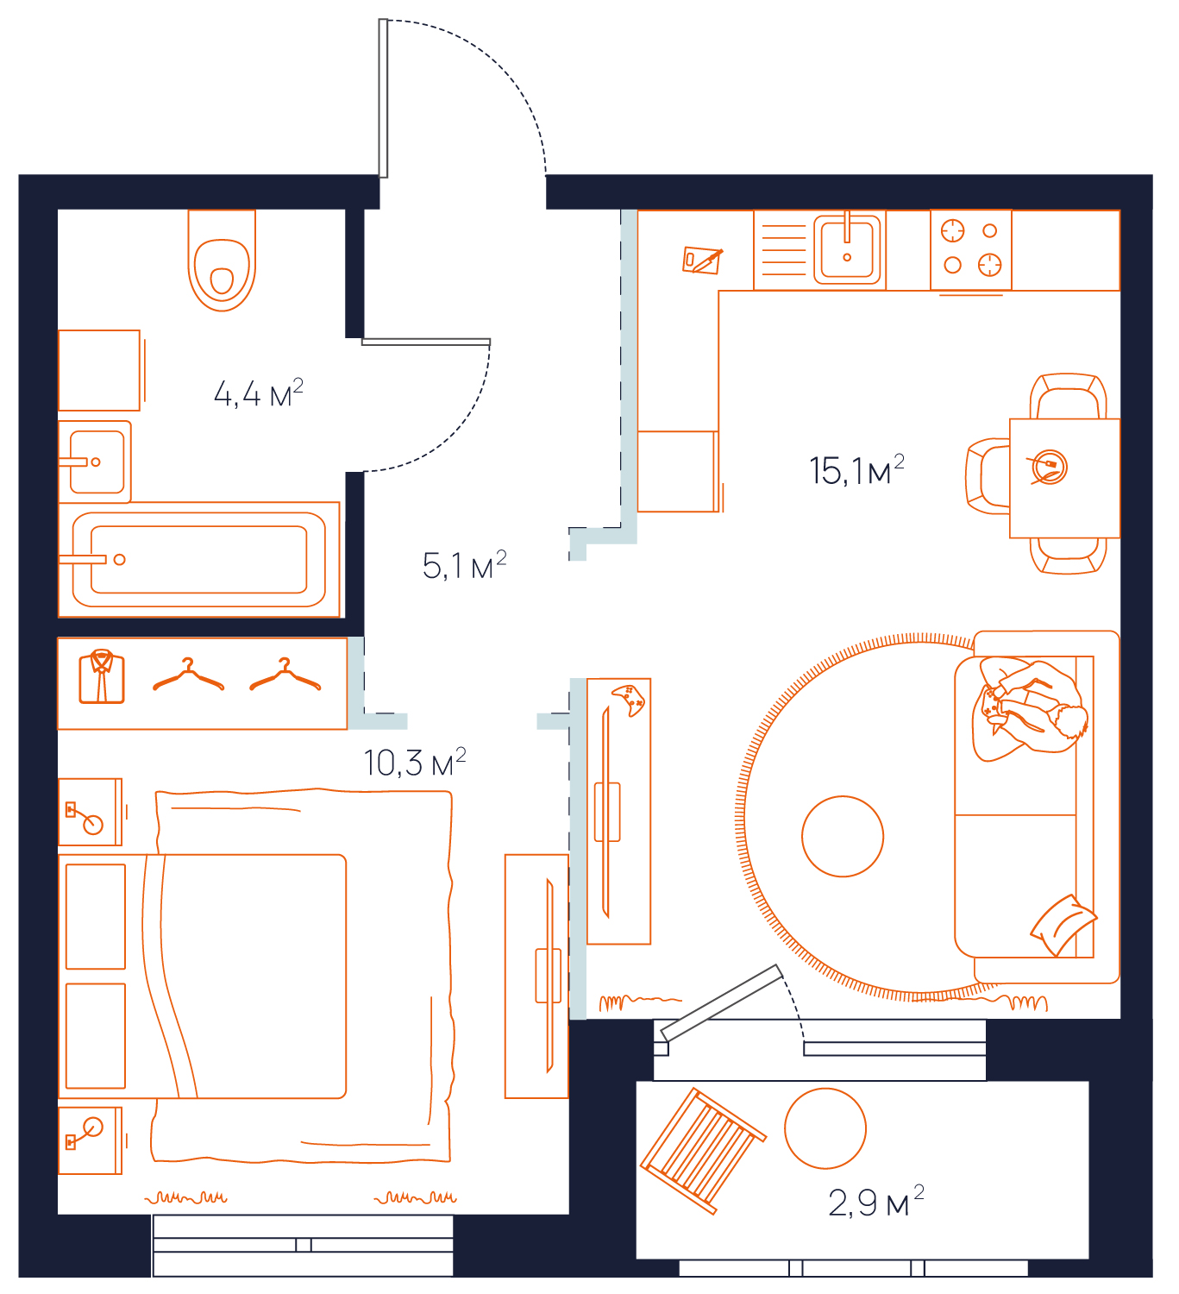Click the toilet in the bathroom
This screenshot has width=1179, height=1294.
click(221, 260)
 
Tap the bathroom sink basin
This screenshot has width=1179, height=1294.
click(97, 462)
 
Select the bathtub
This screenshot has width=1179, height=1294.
click(198, 559)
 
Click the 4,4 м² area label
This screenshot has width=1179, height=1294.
click(258, 393)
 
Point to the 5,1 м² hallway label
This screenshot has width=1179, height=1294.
click(464, 565)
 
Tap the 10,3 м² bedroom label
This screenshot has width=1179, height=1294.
click(415, 763)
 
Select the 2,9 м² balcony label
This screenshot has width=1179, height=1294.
click(876, 1202)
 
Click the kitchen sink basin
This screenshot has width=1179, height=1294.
click(847, 249)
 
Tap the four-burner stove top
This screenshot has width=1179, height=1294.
click(970, 249)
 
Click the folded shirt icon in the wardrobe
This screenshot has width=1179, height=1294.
click(102, 676)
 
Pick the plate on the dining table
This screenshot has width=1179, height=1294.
click(1049, 467)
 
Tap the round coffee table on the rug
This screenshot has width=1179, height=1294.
click(843, 836)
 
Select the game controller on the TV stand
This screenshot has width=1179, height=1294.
click(628, 700)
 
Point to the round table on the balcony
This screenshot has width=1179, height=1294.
click(825, 1128)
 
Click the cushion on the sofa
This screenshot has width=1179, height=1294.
click(1063, 925)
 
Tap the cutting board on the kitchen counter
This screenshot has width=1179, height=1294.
click(702, 260)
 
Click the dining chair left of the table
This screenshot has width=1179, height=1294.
click(988, 476)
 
